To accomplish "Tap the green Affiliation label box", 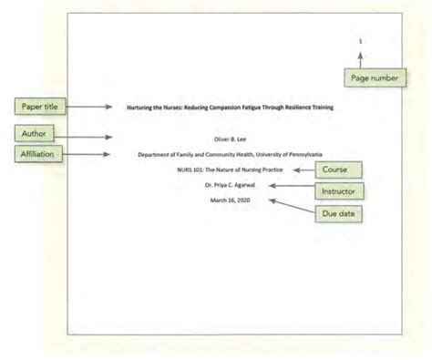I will pos(37,155).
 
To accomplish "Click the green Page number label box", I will pos(373,79).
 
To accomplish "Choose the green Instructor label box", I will pos(343,191).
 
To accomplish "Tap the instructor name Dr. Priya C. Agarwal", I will pos(230,185).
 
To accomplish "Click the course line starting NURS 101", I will pos(230,170).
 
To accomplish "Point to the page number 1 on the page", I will pos(360,41).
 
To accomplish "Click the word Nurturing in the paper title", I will pos(140,108).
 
